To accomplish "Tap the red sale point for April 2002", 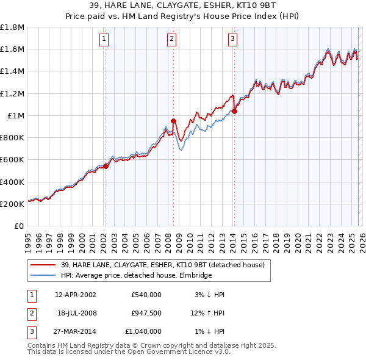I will tap(106, 165).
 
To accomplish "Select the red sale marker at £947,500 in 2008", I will tap(173, 121).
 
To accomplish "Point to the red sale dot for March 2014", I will tap(234, 110).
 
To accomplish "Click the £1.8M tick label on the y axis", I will tap(12, 27).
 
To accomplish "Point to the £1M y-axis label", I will tap(15, 115).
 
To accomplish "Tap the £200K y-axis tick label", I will tap(12, 204).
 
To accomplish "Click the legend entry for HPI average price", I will tap(136, 276).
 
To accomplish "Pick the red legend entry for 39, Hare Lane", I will tap(162, 265).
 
